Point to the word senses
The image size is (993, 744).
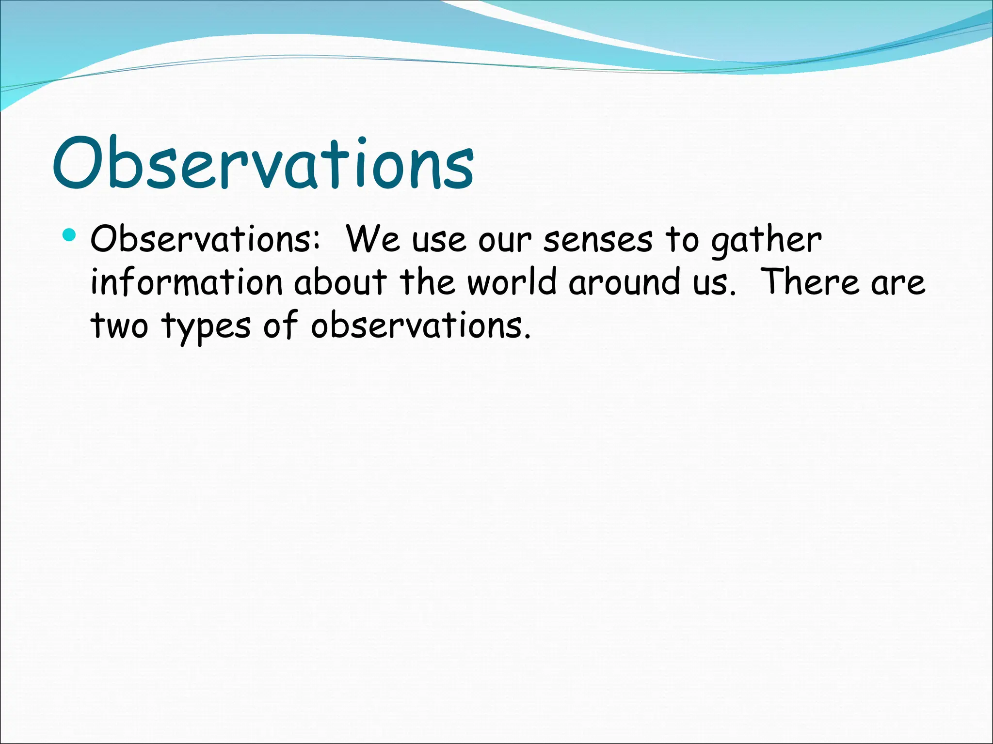point(598,241)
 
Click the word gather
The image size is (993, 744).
point(766,241)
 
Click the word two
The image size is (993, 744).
point(119,326)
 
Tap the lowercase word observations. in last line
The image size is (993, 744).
point(420,326)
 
